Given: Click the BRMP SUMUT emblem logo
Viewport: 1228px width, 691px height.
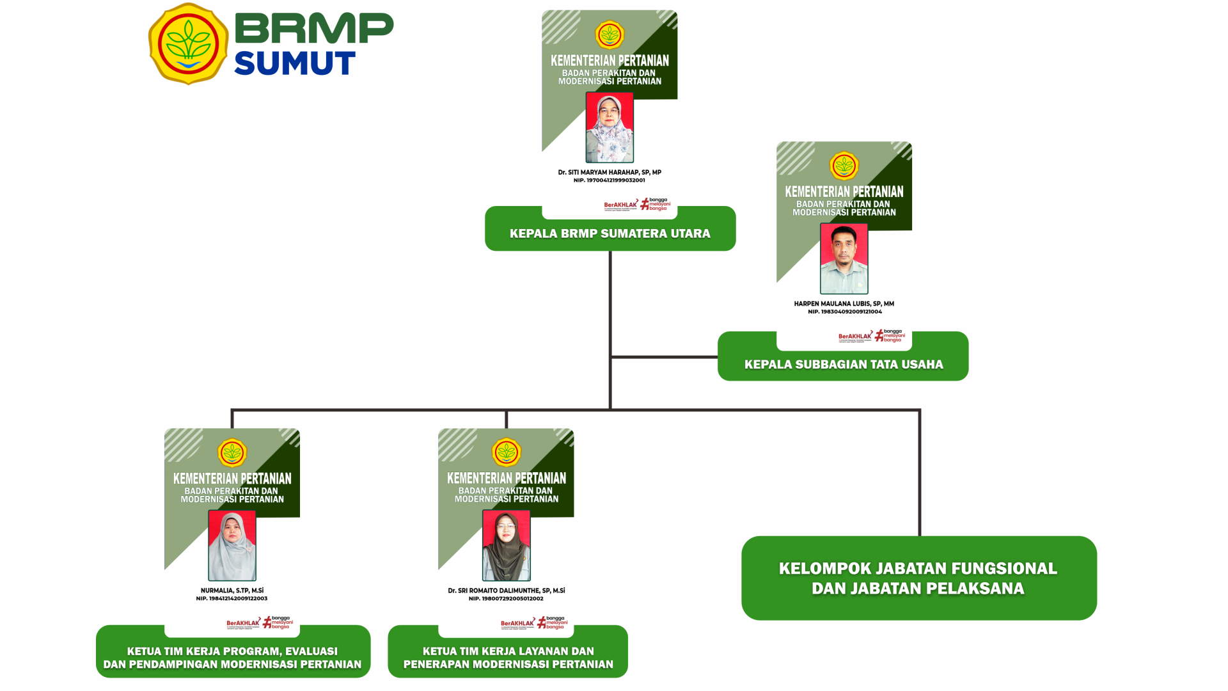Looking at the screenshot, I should [x=188, y=44].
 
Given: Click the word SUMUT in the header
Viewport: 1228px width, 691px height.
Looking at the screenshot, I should [x=294, y=63].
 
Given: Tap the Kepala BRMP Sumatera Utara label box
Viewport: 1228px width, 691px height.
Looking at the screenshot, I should [x=610, y=234].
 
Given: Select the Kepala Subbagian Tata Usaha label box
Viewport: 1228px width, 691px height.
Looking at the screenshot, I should [x=843, y=365].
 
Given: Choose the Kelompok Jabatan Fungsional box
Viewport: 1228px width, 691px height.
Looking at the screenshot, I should [x=918, y=578].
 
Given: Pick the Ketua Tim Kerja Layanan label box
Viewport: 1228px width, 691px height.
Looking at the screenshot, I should [x=508, y=657].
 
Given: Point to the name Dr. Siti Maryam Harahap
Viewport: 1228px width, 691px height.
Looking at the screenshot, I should [x=610, y=172].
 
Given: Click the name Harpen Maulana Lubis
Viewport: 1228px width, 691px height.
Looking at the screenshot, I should [x=844, y=304].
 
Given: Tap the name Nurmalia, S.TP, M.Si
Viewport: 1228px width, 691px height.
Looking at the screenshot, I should [x=232, y=591].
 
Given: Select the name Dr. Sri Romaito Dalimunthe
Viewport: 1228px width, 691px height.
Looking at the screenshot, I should [x=506, y=591].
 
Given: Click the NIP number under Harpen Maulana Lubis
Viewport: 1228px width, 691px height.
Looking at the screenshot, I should [x=844, y=312].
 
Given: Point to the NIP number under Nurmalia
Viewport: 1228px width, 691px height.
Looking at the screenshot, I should [x=232, y=599].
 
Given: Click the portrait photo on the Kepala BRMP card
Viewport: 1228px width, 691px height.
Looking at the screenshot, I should [x=610, y=127].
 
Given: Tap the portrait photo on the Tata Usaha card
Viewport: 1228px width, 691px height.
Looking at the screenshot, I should [x=844, y=258].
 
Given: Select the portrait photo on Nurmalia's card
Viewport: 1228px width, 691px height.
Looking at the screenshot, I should [x=232, y=545].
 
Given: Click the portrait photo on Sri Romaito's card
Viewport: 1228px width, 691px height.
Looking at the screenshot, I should [x=506, y=545].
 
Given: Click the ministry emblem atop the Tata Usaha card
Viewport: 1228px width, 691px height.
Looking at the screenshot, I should [x=844, y=166].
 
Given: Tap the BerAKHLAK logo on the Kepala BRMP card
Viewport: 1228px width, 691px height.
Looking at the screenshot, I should [x=620, y=205].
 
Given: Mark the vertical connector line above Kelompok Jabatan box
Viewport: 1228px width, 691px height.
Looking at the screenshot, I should [x=919, y=473].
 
